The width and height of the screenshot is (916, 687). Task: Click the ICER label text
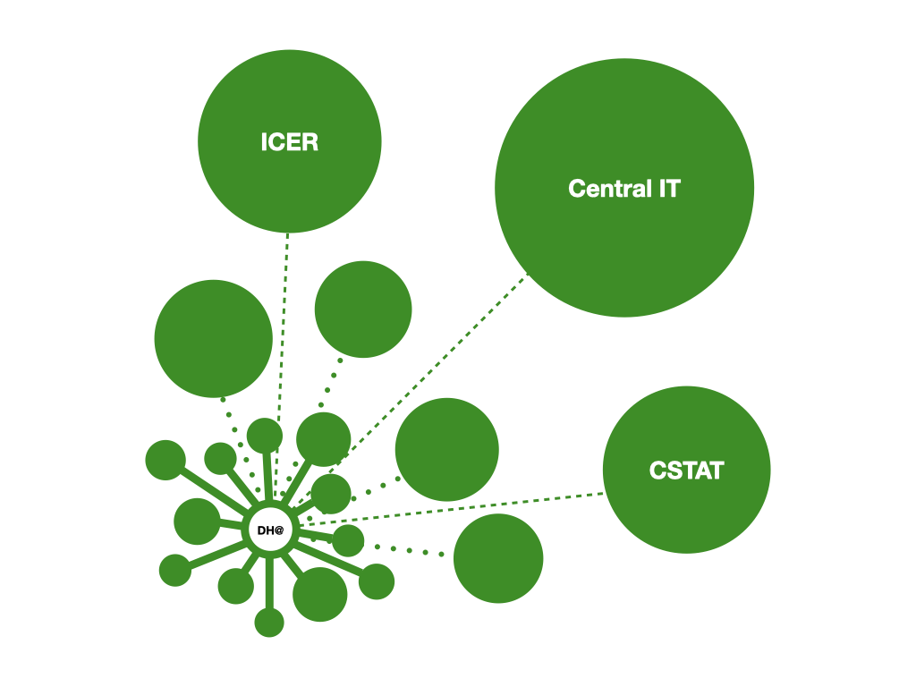[x=289, y=142]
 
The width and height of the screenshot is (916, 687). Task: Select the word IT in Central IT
[x=668, y=189]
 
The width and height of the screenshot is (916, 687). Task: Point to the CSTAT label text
[x=686, y=471]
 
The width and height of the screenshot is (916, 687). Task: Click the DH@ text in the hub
[x=270, y=530]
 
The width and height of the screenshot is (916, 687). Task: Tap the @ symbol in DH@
[x=279, y=530]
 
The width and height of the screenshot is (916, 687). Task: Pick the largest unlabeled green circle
[x=213, y=338]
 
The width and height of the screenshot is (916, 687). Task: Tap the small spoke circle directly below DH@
[x=268, y=622]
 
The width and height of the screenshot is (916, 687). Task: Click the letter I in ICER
[x=264, y=142]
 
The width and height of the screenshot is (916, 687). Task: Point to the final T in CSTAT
[x=717, y=471]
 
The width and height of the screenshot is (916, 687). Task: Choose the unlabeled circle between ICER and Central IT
[x=363, y=310]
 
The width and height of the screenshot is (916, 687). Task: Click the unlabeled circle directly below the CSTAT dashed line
[x=498, y=559]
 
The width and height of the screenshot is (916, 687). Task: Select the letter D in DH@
[x=262, y=530]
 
